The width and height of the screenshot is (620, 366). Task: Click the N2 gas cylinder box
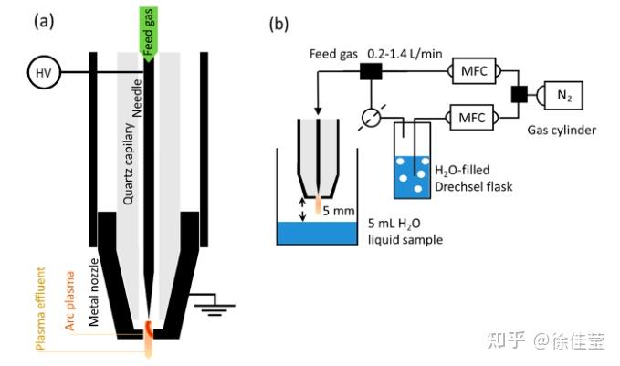pos(563,93)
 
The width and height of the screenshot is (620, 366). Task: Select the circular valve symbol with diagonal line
pos(369,117)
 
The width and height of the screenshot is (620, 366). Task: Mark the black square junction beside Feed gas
pos(369,72)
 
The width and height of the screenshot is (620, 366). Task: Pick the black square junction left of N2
pos(520,93)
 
